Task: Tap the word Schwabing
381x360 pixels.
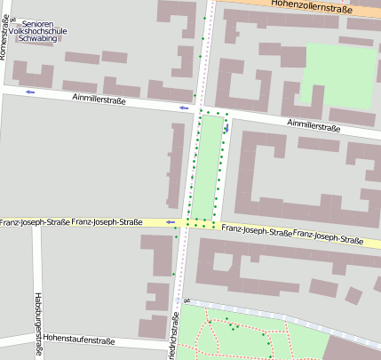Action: tap(43, 40)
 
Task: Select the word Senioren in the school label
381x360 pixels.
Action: tap(43, 20)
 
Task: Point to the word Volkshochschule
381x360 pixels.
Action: tap(43, 30)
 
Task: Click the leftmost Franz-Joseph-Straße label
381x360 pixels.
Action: tap(34, 222)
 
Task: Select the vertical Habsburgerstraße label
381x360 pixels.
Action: tap(38, 324)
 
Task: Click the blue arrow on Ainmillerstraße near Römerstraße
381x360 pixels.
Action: tap(30, 92)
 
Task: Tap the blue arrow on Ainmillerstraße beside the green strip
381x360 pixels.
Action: tap(184, 108)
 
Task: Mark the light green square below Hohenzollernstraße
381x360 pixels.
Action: tap(339, 75)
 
